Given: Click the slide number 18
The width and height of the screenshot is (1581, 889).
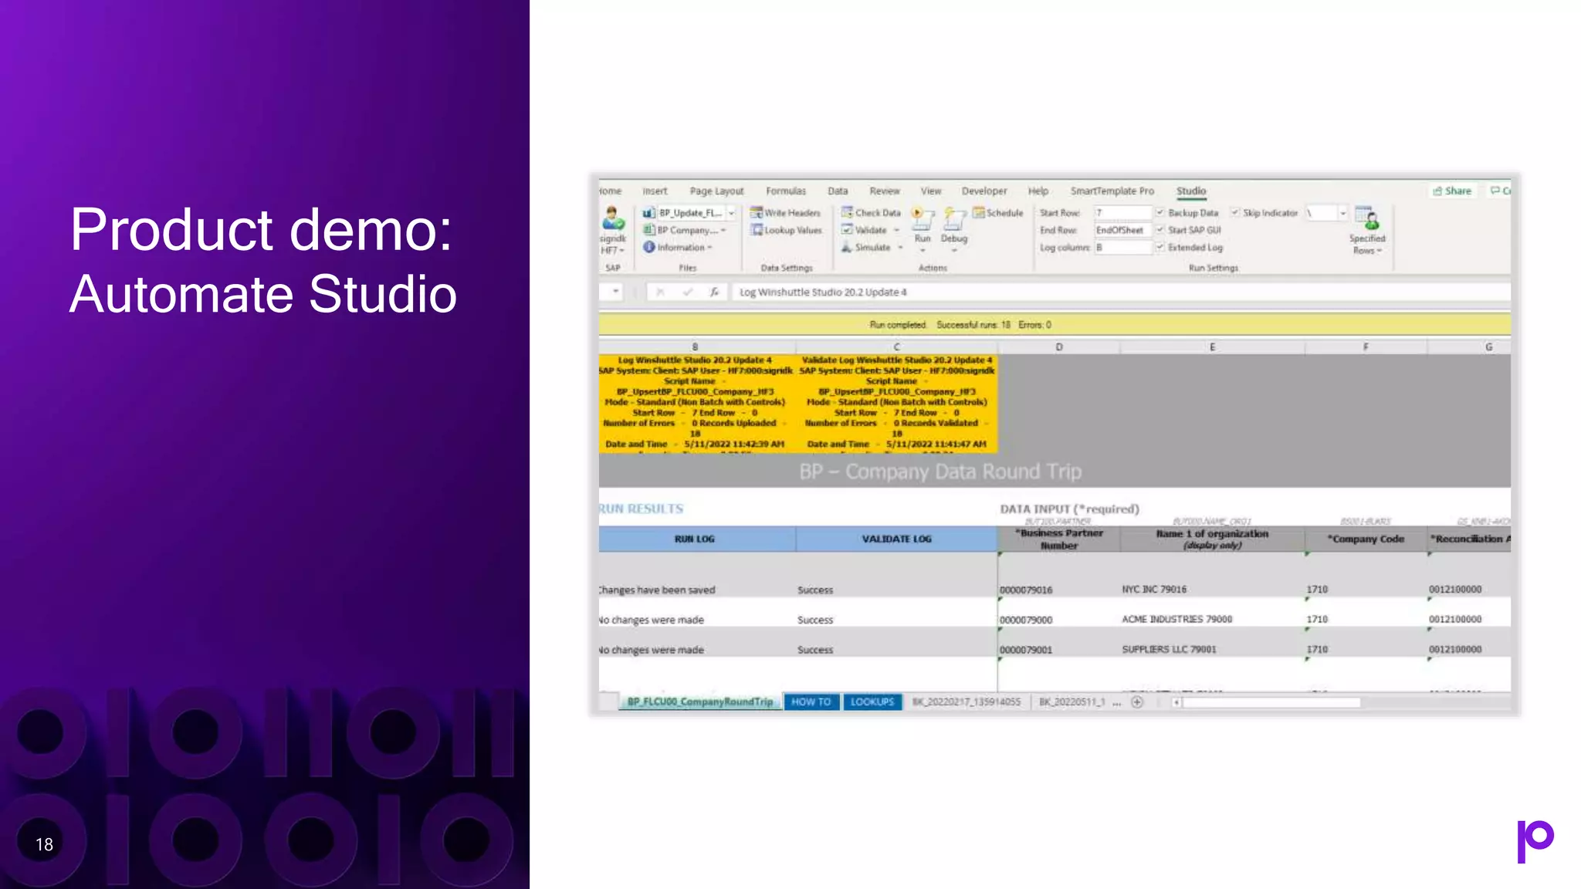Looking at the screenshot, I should [x=44, y=845].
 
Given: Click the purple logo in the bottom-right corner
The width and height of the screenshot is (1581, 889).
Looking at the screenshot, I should [x=1535, y=841].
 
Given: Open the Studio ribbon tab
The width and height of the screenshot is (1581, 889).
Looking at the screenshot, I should [x=1190, y=191].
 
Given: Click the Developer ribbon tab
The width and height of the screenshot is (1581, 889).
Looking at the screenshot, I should [x=983, y=191].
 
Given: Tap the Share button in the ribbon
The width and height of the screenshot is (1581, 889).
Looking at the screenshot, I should [x=1452, y=191].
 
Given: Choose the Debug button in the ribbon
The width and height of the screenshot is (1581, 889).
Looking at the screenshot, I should [x=953, y=225].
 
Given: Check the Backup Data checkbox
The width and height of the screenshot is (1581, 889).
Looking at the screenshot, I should [x=1160, y=213].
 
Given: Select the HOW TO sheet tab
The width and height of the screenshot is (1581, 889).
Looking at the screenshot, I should [x=811, y=702].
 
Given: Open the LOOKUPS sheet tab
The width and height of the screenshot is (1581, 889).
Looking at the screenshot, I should [x=872, y=702].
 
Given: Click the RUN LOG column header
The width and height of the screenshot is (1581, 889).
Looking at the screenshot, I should [x=695, y=539].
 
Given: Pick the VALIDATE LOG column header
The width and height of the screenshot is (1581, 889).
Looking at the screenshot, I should [x=896, y=539].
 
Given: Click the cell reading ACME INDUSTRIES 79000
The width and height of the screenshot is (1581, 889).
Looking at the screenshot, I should [x=1176, y=620].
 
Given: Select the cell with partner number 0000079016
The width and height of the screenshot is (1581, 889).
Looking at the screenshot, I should [x=1026, y=590].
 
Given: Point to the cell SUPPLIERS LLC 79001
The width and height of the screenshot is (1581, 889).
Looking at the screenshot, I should [x=1169, y=650].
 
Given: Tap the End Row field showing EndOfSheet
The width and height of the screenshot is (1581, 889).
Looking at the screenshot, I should [x=1121, y=230].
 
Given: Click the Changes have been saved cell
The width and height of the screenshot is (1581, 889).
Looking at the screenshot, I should [x=658, y=590].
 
